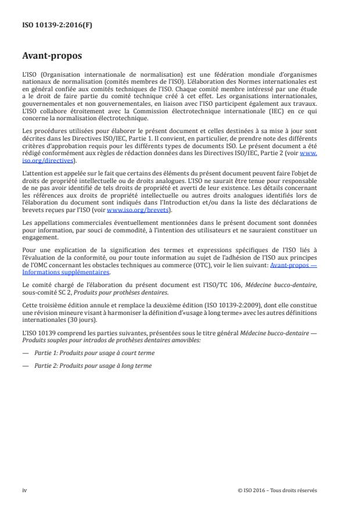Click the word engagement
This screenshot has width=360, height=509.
pos(39,237)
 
